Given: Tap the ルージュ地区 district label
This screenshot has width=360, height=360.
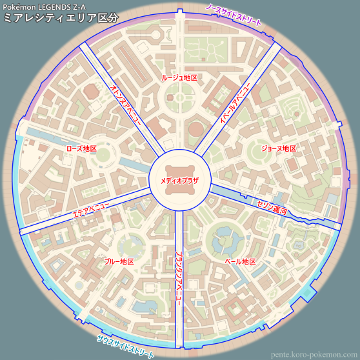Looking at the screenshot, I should (x=179, y=77).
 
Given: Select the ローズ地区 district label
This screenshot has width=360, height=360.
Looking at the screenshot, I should (x=81, y=148).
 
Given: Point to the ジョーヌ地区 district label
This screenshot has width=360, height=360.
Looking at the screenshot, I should (x=278, y=148).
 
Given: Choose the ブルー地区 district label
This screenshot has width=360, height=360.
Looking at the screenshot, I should (x=119, y=262).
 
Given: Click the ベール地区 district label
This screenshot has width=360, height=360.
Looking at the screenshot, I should (x=240, y=262).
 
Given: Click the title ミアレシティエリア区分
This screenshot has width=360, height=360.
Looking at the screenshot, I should (x=61, y=18).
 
